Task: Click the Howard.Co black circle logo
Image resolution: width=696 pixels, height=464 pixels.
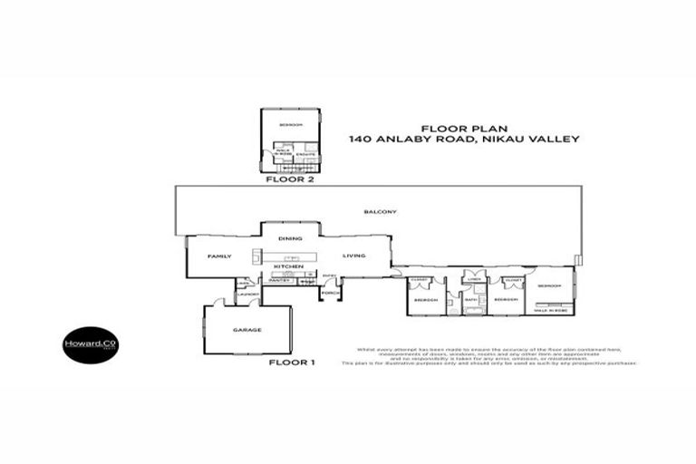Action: [90, 345]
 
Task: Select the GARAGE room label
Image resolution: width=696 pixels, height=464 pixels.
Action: [247, 330]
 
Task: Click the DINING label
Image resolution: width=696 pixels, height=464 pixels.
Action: [290, 238]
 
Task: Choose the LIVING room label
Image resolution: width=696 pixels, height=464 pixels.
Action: [353, 256]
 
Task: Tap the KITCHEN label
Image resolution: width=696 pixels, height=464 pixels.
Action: [288, 266]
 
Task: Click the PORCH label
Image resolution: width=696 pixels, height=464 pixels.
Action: [330, 293]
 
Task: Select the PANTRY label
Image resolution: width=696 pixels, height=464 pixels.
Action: [278, 281]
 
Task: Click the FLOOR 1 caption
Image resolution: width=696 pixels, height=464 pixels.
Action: [292, 363]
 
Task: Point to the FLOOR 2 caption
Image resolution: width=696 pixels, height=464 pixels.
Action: [288, 179]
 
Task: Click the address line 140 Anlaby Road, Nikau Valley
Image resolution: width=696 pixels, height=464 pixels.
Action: [464, 140]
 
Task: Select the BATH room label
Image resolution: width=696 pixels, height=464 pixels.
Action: [471, 299]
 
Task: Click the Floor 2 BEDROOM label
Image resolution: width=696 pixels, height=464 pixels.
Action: [290, 124]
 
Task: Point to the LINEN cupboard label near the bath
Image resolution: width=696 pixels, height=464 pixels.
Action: [473, 279]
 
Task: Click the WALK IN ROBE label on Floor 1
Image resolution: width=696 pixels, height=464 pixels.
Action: [551, 311]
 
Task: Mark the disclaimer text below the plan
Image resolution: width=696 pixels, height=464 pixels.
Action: [489, 356]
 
